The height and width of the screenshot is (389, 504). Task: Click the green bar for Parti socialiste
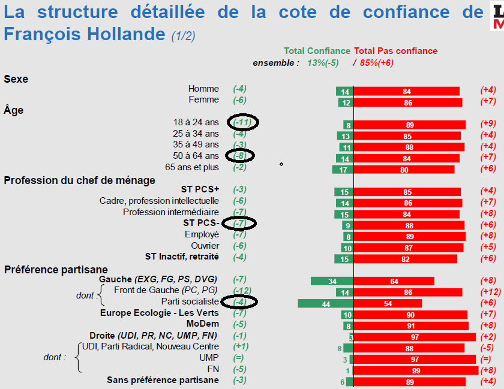[x=326, y=303]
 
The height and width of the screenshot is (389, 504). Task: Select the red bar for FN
[x=416, y=370]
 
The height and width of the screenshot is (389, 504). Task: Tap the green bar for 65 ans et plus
[x=343, y=170]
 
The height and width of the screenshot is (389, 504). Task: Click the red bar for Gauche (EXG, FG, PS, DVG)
[x=394, y=281]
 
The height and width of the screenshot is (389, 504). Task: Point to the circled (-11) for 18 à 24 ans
[x=242, y=122]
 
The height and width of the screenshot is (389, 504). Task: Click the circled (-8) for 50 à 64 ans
[x=240, y=155]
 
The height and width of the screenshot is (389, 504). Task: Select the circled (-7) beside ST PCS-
[x=239, y=223]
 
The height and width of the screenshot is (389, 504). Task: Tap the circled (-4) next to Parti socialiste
[x=239, y=301]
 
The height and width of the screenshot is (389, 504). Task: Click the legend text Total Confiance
[x=317, y=51]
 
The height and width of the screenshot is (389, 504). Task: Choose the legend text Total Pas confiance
[x=396, y=51]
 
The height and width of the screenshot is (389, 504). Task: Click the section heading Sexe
[x=16, y=79]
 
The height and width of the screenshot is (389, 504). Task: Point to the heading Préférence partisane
[x=56, y=270]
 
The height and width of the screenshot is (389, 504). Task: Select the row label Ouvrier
[x=205, y=246]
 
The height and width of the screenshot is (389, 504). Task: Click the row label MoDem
[x=203, y=324]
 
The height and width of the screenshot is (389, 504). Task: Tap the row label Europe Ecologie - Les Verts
[x=160, y=313]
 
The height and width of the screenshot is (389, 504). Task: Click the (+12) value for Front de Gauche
[x=490, y=292]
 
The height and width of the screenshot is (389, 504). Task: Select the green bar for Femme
[x=344, y=102]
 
